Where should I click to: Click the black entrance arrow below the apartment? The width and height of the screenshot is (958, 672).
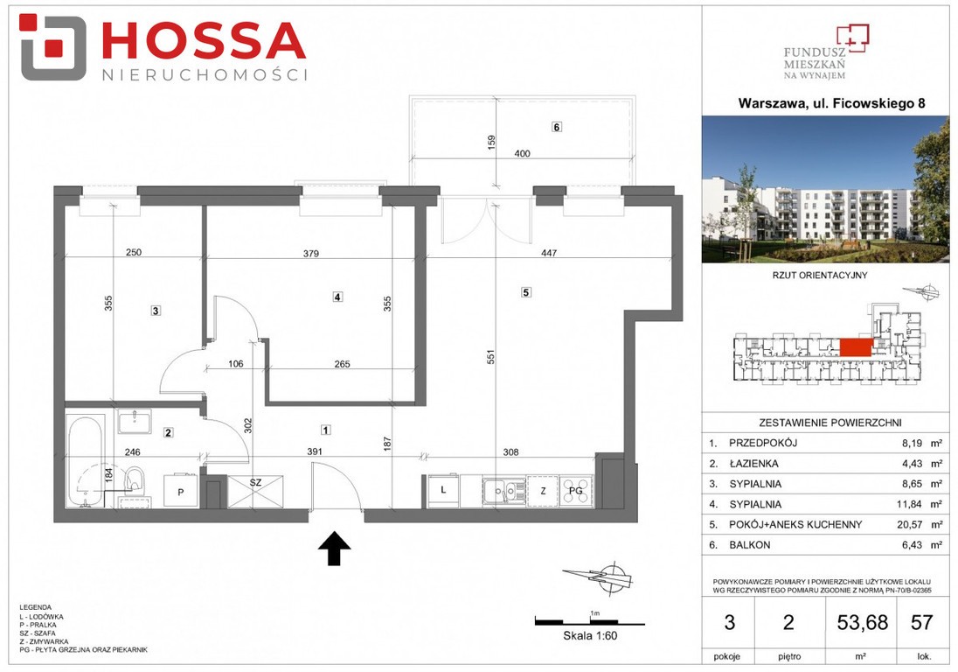click(x=334, y=548)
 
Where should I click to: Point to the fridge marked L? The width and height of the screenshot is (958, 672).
click(x=443, y=491)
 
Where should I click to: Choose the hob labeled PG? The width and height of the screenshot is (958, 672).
click(x=576, y=490)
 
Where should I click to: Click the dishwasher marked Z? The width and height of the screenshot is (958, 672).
click(x=543, y=490)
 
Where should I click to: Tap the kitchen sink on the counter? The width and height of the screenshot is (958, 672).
click(x=503, y=490)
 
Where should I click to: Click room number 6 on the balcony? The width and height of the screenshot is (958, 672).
click(x=556, y=127)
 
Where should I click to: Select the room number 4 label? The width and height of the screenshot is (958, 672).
click(x=337, y=297)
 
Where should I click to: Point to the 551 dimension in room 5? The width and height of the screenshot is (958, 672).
click(x=490, y=357)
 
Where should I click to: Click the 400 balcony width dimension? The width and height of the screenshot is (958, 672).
click(x=523, y=153)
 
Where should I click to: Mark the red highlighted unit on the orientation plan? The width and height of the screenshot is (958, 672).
click(x=856, y=347)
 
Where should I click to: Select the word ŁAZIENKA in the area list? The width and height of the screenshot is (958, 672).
click(x=753, y=464)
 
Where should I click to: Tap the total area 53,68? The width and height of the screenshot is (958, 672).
click(x=862, y=622)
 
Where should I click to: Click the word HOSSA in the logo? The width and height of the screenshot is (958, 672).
click(x=203, y=41)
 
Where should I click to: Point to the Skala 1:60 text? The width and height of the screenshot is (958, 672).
click(x=590, y=636)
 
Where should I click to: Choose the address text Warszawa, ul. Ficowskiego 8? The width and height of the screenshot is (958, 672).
click(x=831, y=102)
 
